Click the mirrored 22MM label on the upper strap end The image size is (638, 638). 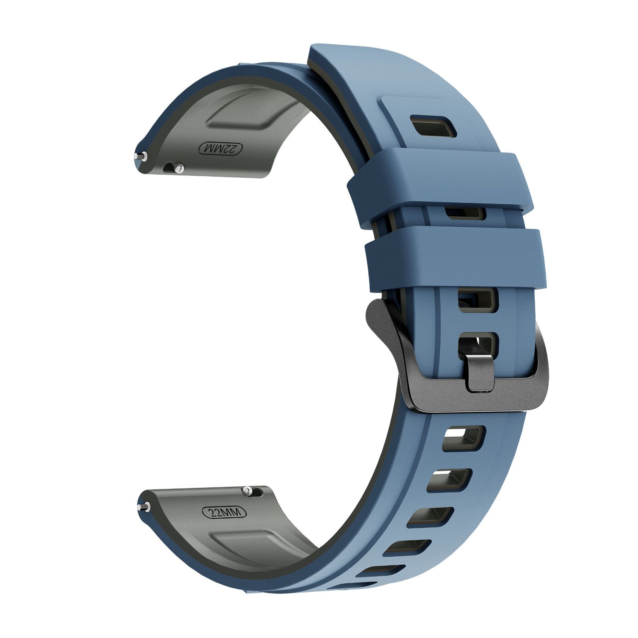(221, 149)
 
